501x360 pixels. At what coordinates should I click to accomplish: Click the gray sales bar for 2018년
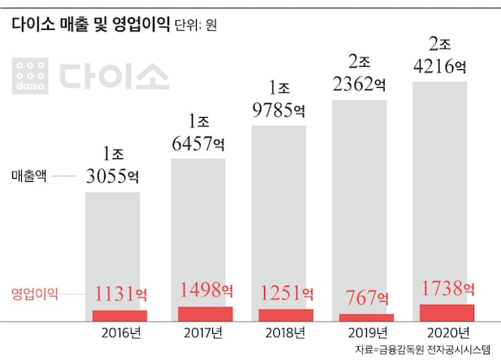click(x=280, y=211)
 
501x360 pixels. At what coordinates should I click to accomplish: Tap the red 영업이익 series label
click(x=35, y=294)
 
